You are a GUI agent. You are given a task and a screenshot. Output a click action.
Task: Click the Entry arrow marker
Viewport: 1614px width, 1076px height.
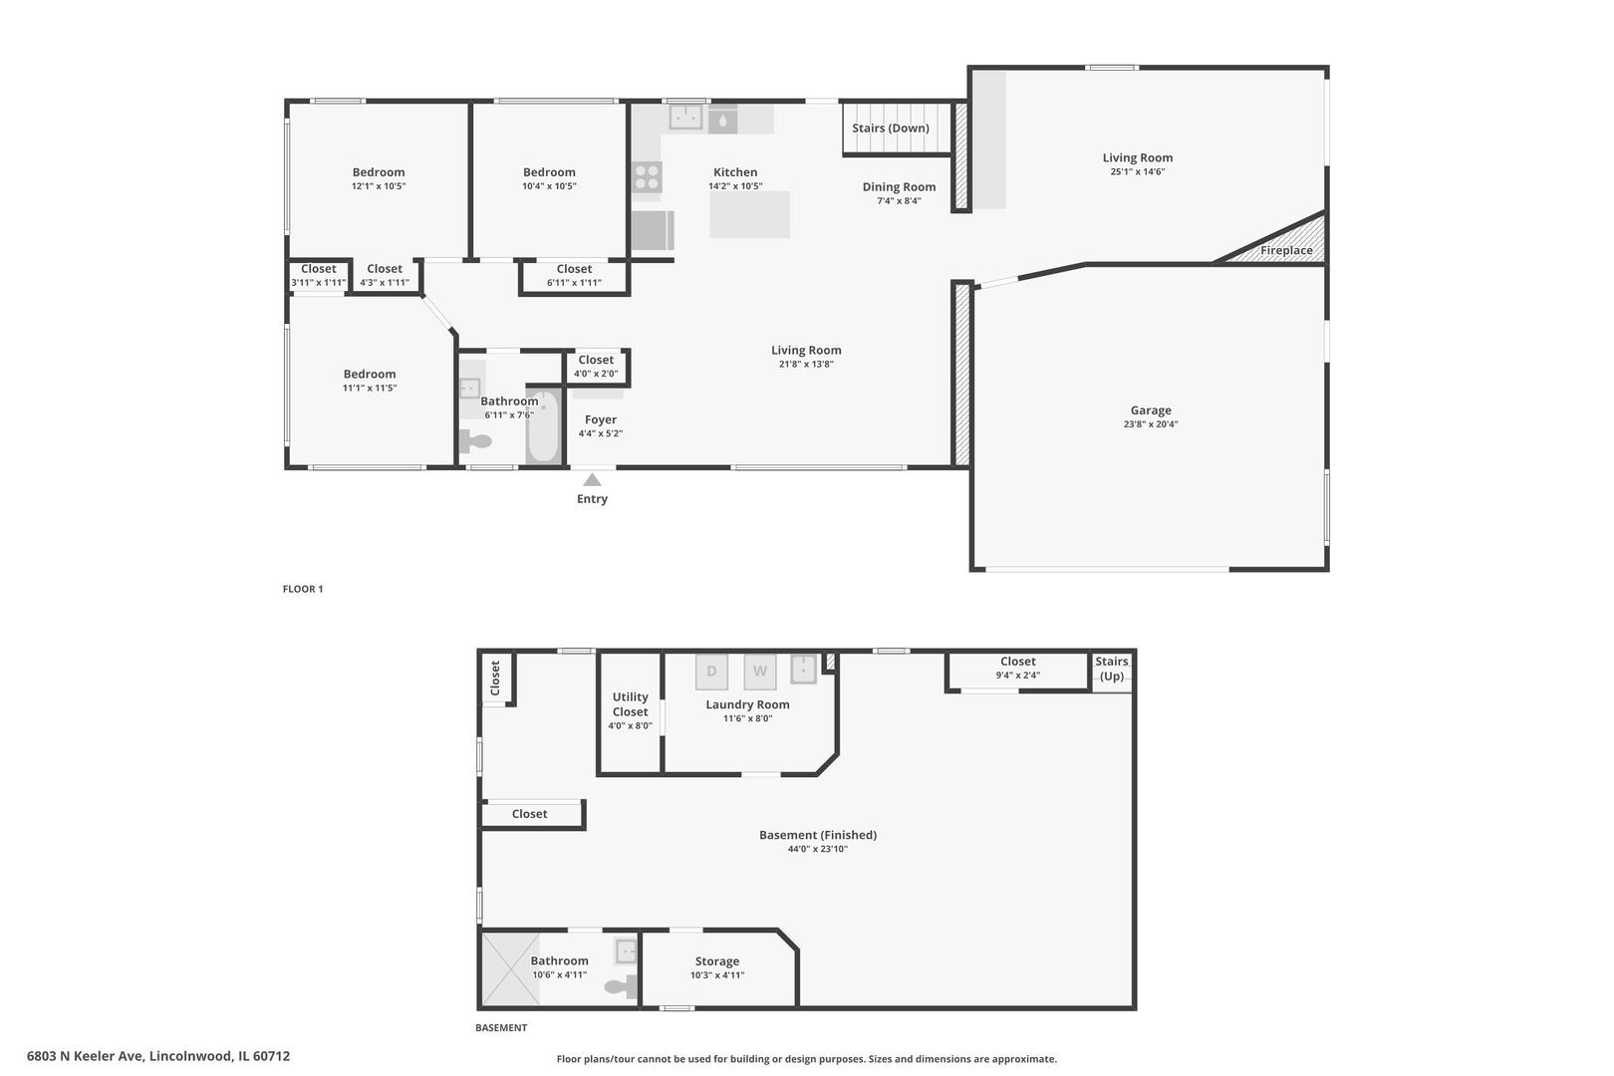[x=592, y=480]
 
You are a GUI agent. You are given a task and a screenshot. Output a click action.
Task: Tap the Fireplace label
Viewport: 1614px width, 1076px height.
[x=1286, y=251]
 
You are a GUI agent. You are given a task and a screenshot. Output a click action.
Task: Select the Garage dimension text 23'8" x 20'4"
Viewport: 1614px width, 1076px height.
[x=1151, y=423]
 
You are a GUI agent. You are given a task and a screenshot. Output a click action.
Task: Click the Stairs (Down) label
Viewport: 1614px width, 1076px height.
[x=891, y=129]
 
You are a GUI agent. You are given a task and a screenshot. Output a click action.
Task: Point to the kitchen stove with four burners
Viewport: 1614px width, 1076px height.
[x=647, y=177]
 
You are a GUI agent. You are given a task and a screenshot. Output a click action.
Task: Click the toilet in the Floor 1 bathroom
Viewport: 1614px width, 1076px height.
[x=475, y=439]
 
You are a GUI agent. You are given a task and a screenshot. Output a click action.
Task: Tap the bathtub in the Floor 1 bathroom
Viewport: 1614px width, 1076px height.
[x=543, y=426]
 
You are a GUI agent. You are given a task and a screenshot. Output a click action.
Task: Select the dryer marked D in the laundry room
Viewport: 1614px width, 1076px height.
[x=711, y=672]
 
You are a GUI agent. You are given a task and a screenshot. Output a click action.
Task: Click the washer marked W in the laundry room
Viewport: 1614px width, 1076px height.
[x=759, y=672]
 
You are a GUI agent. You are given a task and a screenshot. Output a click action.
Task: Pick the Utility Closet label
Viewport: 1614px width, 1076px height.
[x=631, y=704]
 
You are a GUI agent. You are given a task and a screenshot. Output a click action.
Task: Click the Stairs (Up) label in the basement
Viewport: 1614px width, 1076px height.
[x=1112, y=669]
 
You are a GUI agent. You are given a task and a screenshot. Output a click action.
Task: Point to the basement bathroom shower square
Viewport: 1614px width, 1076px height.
[x=510, y=969]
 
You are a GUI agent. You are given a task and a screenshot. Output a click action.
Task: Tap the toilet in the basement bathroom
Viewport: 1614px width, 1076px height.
[x=621, y=986]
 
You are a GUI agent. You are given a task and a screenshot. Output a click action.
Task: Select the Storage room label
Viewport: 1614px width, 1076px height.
[x=717, y=961]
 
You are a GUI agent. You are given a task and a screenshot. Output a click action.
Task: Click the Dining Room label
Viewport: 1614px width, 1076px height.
[x=900, y=187]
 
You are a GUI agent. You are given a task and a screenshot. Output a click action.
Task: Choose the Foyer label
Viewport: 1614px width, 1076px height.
[x=600, y=420]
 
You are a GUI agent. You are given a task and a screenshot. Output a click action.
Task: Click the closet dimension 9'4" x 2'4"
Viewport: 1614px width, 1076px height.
[x=1018, y=675]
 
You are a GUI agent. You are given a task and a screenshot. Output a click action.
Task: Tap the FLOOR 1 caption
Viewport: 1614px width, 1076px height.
[x=303, y=589]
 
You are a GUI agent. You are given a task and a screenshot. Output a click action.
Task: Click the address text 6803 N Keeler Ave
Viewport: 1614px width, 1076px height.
[x=87, y=1056]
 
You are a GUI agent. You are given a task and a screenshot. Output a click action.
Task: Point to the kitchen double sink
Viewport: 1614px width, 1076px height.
[x=685, y=117]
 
